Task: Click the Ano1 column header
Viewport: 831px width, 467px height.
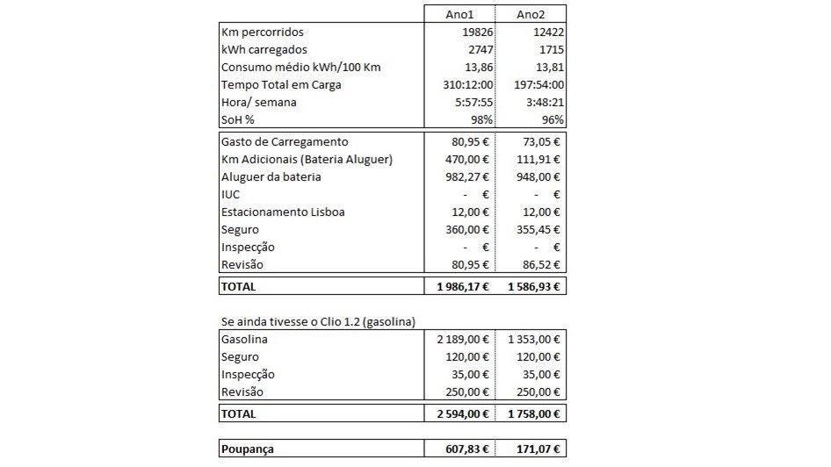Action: point(459,14)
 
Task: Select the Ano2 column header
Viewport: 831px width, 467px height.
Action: point(531,14)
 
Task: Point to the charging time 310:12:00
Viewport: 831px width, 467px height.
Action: point(467,85)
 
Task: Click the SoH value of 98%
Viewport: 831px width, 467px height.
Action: point(481,120)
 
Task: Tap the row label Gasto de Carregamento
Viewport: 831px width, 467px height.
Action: point(285,141)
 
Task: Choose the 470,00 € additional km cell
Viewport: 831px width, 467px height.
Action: point(466,159)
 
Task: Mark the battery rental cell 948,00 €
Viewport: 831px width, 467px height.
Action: point(538,176)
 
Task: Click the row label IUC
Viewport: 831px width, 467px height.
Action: point(231,194)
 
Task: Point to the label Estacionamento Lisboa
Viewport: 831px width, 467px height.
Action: point(283,212)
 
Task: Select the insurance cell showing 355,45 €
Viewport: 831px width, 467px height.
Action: point(538,229)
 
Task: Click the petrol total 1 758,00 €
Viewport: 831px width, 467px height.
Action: point(535,413)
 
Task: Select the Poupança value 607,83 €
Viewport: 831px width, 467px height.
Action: point(466,449)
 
